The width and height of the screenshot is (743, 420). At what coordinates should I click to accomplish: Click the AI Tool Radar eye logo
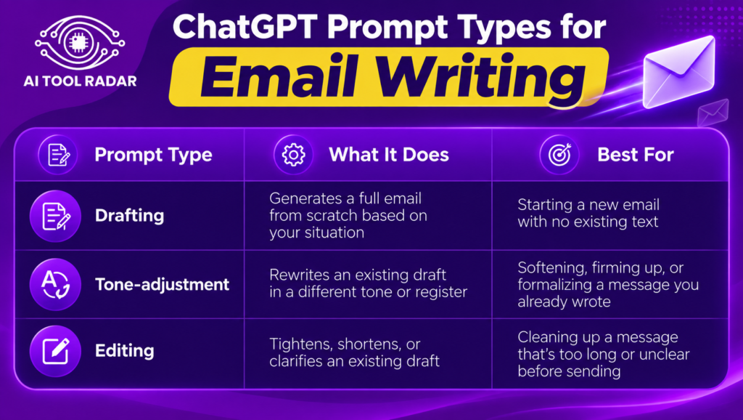tap(80, 43)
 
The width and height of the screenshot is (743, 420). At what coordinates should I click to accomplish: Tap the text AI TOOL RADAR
tap(80, 81)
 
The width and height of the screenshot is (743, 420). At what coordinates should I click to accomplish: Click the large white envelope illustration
tap(678, 71)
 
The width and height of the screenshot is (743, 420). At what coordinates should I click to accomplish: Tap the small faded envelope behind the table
tap(713, 113)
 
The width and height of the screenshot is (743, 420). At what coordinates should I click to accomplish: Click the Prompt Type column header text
tap(153, 155)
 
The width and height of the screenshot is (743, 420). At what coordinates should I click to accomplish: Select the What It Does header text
tap(389, 155)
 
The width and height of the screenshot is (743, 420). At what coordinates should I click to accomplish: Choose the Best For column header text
tap(636, 155)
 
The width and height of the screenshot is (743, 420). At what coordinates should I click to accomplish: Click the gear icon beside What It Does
tap(293, 155)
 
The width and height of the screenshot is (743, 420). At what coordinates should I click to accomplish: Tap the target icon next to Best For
tap(559, 155)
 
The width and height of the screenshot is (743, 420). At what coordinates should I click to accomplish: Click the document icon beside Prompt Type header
tap(58, 155)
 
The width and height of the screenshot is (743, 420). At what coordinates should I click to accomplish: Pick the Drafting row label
tap(129, 216)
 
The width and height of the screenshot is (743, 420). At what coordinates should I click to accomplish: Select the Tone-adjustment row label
tap(162, 285)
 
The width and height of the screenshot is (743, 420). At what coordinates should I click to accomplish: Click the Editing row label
tap(125, 351)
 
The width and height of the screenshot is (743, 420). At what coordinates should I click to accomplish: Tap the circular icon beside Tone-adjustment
tap(55, 284)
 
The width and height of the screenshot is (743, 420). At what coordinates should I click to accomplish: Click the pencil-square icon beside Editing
tap(55, 351)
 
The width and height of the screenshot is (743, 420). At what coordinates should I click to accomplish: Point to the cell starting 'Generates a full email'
tap(348, 216)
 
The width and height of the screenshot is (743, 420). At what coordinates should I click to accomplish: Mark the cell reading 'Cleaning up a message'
tap(603, 354)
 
